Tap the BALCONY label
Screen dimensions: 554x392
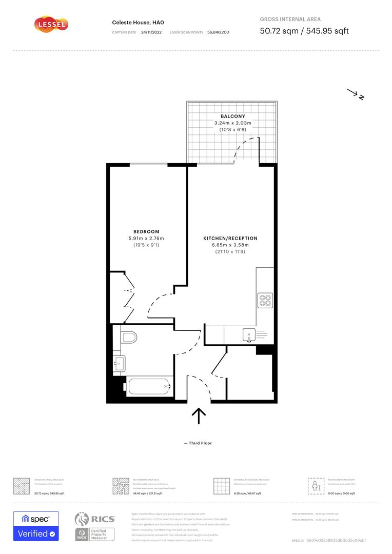(x=229, y=116)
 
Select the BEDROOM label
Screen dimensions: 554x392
(x=146, y=232)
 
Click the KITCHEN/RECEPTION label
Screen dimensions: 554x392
(x=230, y=239)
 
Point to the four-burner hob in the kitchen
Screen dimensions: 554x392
(x=265, y=300)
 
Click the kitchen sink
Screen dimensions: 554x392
(x=249, y=336)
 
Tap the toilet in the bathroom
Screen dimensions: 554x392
(x=129, y=337)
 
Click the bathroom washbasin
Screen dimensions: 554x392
(x=119, y=364)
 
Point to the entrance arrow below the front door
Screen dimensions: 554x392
(x=199, y=415)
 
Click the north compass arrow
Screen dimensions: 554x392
(x=355, y=94)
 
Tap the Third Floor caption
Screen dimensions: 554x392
(x=198, y=443)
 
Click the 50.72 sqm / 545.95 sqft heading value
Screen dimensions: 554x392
(x=304, y=31)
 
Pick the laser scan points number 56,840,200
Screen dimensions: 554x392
(x=218, y=32)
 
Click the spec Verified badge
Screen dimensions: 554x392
(x=36, y=526)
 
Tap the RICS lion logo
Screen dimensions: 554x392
(x=84, y=519)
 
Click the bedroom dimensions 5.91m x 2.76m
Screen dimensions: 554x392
(x=146, y=239)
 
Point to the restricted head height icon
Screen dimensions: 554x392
(x=316, y=485)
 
